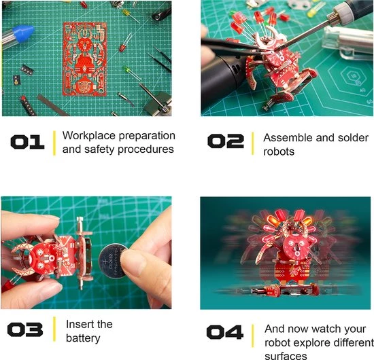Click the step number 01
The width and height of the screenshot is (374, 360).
click(27, 142)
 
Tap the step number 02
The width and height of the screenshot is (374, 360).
click(226, 141)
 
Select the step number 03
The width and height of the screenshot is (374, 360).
click(25, 329)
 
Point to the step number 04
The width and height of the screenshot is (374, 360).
click(225, 332)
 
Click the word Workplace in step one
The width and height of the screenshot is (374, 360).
click(89, 136)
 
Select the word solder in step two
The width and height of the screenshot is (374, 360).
click(353, 138)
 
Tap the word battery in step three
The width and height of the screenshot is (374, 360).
click(83, 338)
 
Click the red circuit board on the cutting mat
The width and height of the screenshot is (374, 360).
click(85, 59)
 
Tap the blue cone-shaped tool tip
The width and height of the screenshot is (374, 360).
click(23, 33)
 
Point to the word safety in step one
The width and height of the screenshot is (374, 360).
click(99, 149)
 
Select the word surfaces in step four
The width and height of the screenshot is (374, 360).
click(286, 356)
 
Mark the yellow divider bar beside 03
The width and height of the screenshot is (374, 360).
click(54, 329)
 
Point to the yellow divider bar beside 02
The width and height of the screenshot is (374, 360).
click(252, 144)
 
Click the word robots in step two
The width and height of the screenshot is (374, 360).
click(279, 151)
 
